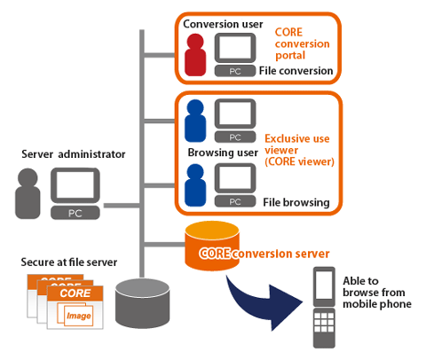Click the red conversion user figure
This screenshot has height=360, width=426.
[195, 55]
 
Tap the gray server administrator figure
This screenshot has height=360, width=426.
[28, 193]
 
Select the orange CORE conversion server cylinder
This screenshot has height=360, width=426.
[212, 246]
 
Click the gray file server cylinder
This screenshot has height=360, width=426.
[142, 302]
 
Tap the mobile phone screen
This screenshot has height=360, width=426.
[324, 285]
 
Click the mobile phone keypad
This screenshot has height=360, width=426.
[324, 322]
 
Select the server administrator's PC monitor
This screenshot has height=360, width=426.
[75, 185]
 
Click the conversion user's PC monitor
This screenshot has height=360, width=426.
[235, 48]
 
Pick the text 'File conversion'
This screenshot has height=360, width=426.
[296, 71]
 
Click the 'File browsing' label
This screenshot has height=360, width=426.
[296, 202]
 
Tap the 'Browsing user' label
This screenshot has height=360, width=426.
[223, 153]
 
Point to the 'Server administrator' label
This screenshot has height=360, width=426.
[74, 154]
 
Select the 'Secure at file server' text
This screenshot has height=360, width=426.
[69, 262]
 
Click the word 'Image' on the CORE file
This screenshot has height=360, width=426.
[79, 316]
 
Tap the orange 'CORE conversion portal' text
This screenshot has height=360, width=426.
[302, 43]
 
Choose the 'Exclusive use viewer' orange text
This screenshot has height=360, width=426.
[297, 145]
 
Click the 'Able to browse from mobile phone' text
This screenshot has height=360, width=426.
[377, 293]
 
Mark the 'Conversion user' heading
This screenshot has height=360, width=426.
[223, 24]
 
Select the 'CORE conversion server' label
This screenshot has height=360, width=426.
[264, 254]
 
